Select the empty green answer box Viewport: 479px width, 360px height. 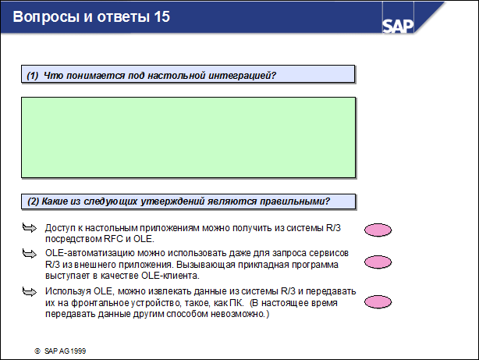tap(188, 137)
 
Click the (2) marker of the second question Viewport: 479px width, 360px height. tap(33, 201)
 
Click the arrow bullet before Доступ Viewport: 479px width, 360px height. tap(29, 227)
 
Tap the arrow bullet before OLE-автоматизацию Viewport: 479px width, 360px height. tap(29, 254)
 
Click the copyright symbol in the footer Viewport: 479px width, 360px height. tap(37, 351)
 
